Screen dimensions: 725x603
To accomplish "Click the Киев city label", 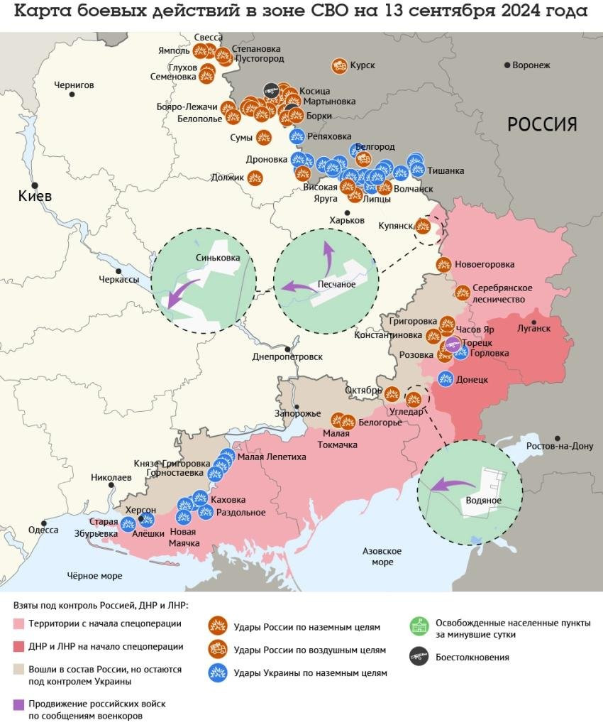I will [x=35, y=196].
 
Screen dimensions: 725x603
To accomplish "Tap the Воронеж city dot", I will [x=507, y=65].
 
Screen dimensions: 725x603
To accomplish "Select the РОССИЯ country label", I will [x=542, y=124].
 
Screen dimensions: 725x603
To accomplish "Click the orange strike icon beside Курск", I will [x=339, y=66].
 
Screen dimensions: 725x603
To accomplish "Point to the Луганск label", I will [x=533, y=328].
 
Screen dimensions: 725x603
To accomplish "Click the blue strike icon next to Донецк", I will [x=446, y=378].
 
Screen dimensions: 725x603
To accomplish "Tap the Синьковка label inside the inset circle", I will [x=216, y=258].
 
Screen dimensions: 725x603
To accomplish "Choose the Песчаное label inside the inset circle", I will [x=336, y=284].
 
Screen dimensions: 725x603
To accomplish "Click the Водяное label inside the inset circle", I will [x=484, y=501].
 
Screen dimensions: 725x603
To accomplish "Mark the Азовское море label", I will [x=382, y=557].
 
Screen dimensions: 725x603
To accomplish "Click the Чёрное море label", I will [x=94, y=576].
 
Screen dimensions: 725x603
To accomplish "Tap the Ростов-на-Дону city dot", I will [x=558, y=439].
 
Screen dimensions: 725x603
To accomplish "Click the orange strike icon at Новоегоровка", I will [x=443, y=265].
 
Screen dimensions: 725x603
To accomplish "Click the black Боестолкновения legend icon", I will [x=419, y=657].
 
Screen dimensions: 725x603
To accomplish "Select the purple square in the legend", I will [x=18, y=704].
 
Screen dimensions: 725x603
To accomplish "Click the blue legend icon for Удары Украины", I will [x=217, y=672].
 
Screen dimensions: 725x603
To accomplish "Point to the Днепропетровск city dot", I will [x=287, y=349].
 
